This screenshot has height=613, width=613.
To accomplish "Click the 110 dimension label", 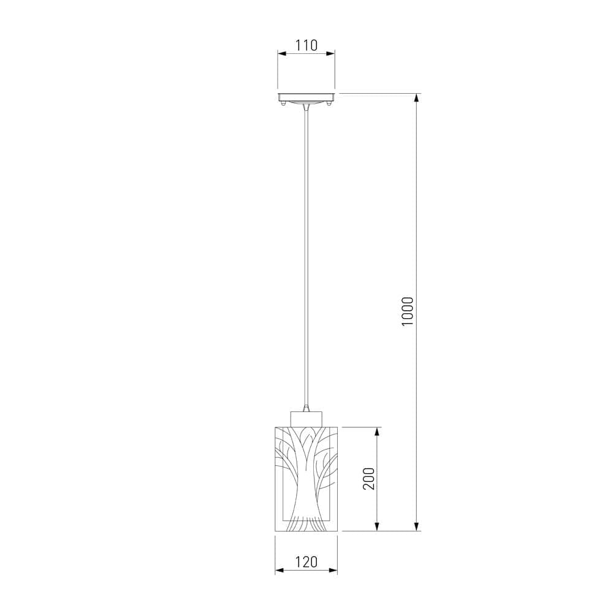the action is (x=306, y=45).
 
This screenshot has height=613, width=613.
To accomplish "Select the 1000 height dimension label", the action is (x=408, y=313).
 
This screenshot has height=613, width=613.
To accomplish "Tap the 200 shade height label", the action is (x=368, y=479).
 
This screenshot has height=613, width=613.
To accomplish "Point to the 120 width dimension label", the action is (x=306, y=562).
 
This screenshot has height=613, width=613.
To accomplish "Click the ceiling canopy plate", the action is (x=306, y=97).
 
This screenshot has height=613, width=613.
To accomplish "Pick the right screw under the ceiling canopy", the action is (x=330, y=104).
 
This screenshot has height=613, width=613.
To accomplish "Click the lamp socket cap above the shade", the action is (x=306, y=419).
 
